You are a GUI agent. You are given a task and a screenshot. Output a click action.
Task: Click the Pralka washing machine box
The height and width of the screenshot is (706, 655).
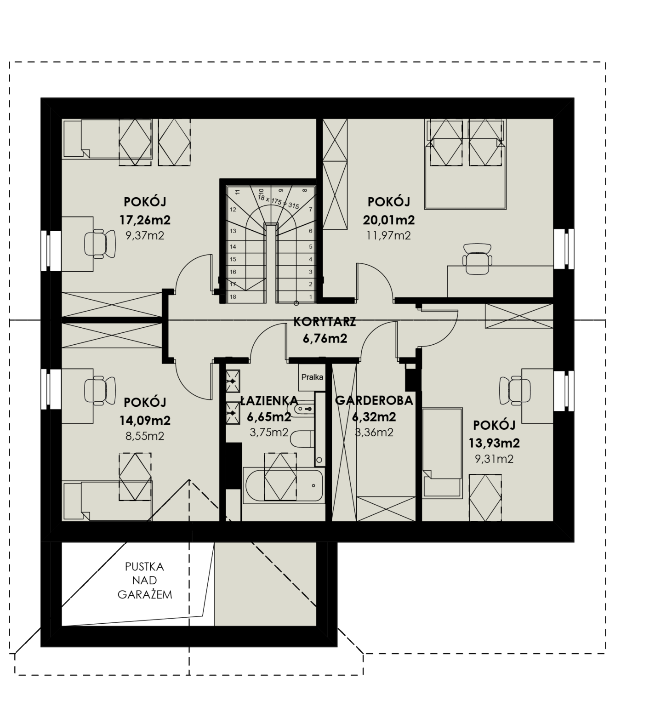312,377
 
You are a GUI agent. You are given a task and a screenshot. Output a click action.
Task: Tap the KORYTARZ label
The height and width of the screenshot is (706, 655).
325,322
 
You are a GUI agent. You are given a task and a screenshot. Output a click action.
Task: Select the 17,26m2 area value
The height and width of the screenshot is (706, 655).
145,220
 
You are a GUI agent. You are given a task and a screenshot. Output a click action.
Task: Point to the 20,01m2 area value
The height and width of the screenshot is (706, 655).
389,220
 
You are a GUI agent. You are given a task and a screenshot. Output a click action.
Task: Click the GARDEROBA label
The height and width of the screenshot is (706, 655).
374,401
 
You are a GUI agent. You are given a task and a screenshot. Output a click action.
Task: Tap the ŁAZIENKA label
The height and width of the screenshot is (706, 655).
269,401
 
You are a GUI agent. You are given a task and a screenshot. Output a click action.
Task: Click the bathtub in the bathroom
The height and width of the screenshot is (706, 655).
284,485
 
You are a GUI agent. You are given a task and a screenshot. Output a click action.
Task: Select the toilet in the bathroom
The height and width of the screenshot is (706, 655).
302,438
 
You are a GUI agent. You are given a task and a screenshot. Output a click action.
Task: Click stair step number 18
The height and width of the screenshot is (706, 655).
233,297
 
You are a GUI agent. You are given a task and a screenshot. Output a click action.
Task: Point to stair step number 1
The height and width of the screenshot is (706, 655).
311,297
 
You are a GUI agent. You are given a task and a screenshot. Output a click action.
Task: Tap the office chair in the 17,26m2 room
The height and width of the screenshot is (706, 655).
100,243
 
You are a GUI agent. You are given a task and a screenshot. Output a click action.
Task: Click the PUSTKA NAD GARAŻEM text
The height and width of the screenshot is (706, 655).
145,581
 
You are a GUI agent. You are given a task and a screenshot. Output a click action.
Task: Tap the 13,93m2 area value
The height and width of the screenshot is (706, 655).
494,443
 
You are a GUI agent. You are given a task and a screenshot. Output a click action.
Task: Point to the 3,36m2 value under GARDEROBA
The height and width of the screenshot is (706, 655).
374,433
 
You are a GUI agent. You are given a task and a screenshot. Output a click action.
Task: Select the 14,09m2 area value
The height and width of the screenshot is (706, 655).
145,421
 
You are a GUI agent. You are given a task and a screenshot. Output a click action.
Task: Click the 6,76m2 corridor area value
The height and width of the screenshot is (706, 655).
325,339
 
